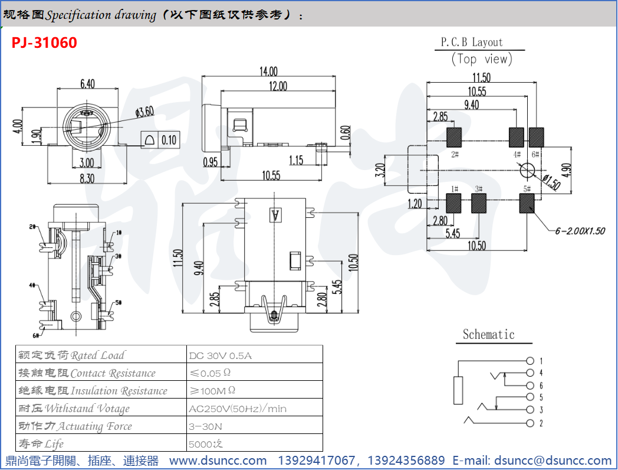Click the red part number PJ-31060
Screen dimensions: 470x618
point(44,43)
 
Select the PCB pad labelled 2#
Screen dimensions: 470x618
point(455,137)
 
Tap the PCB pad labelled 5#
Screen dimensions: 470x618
point(527,203)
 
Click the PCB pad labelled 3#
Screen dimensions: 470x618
point(479,203)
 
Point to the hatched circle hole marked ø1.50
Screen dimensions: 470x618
point(527,171)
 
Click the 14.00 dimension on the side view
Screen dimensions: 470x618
point(268,71)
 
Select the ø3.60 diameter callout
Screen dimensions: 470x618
point(144,111)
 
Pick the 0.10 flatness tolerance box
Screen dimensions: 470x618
point(169,140)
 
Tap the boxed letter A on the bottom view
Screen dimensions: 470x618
point(274,216)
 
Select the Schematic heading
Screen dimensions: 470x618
point(488,335)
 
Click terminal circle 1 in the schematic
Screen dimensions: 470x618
point(530,361)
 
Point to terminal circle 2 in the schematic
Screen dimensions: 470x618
point(530,423)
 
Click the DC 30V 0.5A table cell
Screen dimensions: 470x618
point(221,355)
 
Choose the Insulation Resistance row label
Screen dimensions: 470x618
point(93,391)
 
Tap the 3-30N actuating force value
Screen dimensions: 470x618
point(206,426)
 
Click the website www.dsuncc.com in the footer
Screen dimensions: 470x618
point(218,461)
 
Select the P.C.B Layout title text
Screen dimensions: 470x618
point(472,43)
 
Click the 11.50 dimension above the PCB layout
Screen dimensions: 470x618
point(481,77)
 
